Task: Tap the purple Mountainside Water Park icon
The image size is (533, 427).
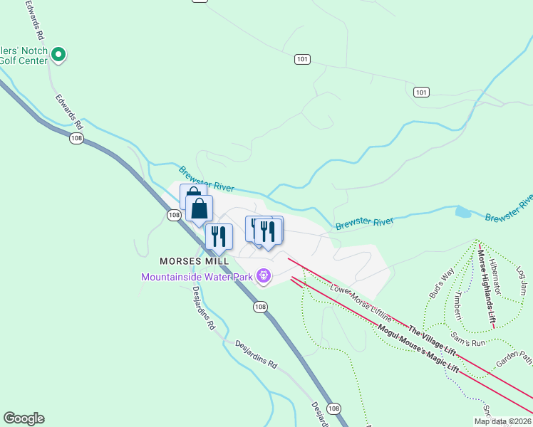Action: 264,275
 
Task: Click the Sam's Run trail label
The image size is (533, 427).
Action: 468,339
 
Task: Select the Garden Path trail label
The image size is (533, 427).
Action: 514,357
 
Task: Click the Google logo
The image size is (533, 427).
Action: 24,418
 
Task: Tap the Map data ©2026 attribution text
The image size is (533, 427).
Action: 502,421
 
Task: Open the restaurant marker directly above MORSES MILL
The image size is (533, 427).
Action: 219,236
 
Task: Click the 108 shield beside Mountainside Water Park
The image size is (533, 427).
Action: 260,307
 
